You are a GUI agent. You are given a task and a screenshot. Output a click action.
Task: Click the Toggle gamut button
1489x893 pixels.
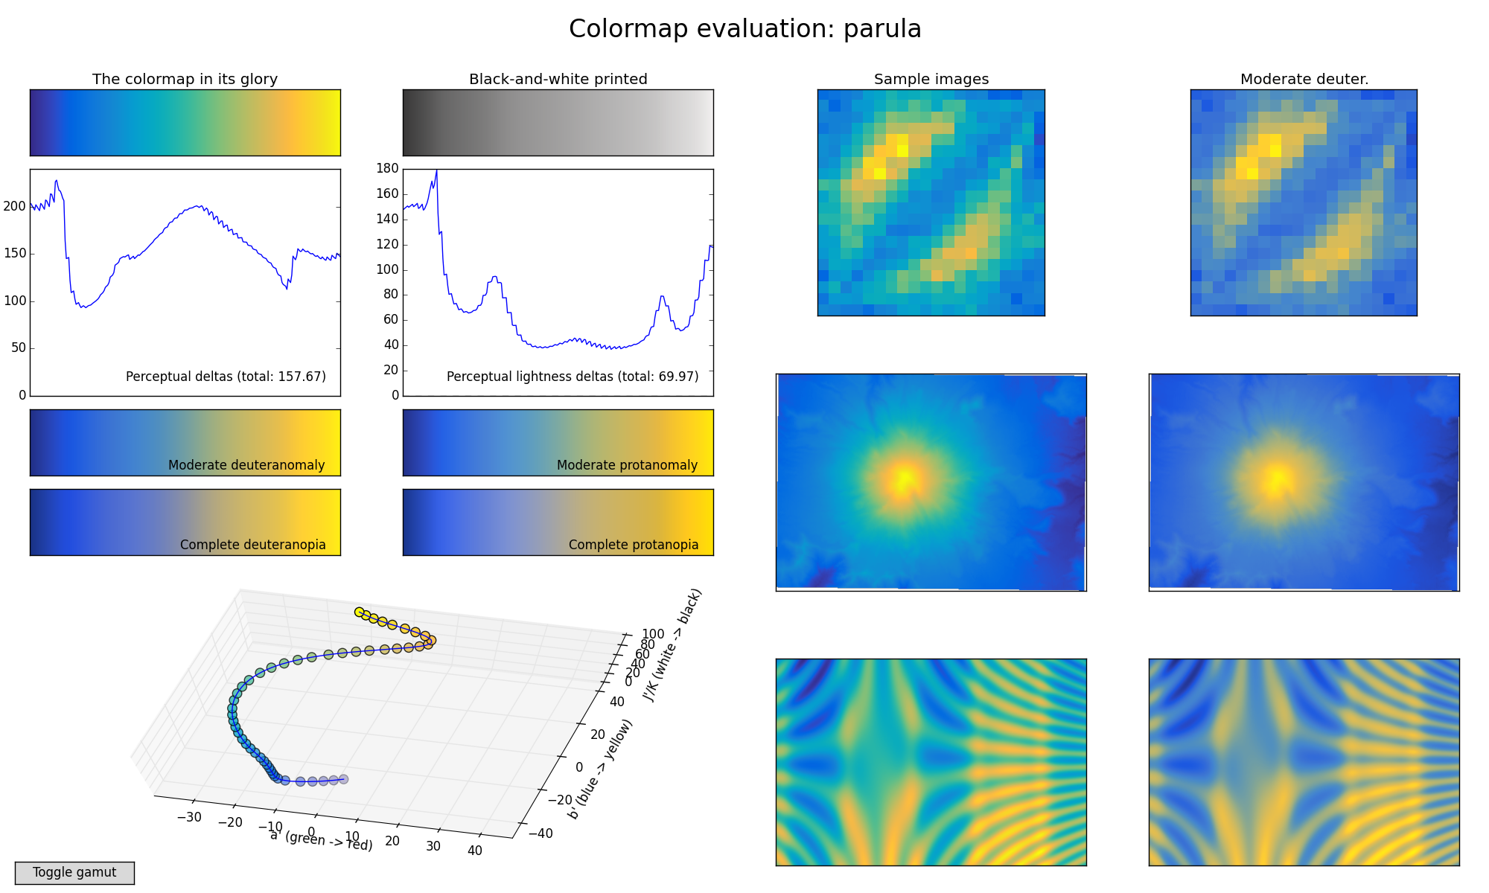(x=74, y=873)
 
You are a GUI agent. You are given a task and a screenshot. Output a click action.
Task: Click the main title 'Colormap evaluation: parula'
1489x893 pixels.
(x=744, y=29)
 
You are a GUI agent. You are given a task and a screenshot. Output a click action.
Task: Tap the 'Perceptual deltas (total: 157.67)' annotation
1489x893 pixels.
(x=226, y=377)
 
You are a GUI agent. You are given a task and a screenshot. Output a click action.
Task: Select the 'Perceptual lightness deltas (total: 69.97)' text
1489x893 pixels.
(x=572, y=377)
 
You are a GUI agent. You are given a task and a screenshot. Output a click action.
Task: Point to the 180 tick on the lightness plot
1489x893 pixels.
(x=387, y=169)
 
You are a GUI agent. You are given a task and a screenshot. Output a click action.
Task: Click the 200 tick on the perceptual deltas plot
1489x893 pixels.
(x=15, y=206)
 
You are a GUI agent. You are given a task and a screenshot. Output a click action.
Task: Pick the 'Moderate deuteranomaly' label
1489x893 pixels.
(x=246, y=465)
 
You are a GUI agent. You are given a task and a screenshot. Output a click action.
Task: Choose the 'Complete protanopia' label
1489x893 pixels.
(x=633, y=545)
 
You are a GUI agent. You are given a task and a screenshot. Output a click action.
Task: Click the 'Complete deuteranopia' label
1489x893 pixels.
(x=252, y=545)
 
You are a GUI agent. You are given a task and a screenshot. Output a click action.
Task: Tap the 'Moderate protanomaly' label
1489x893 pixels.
(x=627, y=465)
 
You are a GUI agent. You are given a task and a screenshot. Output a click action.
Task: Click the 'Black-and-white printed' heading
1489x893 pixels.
(x=558, y=79)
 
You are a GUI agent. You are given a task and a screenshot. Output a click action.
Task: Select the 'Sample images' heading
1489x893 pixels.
(x=931, y=79)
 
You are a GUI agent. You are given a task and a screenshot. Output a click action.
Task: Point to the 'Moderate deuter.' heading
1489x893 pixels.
(x=1304, y=79)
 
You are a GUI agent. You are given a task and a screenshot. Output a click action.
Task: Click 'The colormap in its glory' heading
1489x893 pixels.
(x=185, y=79)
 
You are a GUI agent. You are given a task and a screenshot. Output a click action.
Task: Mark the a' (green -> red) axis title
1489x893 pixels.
(x=321, y=841)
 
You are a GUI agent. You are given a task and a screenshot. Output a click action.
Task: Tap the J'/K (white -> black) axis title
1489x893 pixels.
(x=672, y=645)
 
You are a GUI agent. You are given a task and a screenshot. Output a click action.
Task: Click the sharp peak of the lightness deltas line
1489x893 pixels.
(x=436, y=171)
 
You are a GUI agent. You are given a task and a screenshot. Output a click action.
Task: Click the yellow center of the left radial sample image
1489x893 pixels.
(x=903, y=478)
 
